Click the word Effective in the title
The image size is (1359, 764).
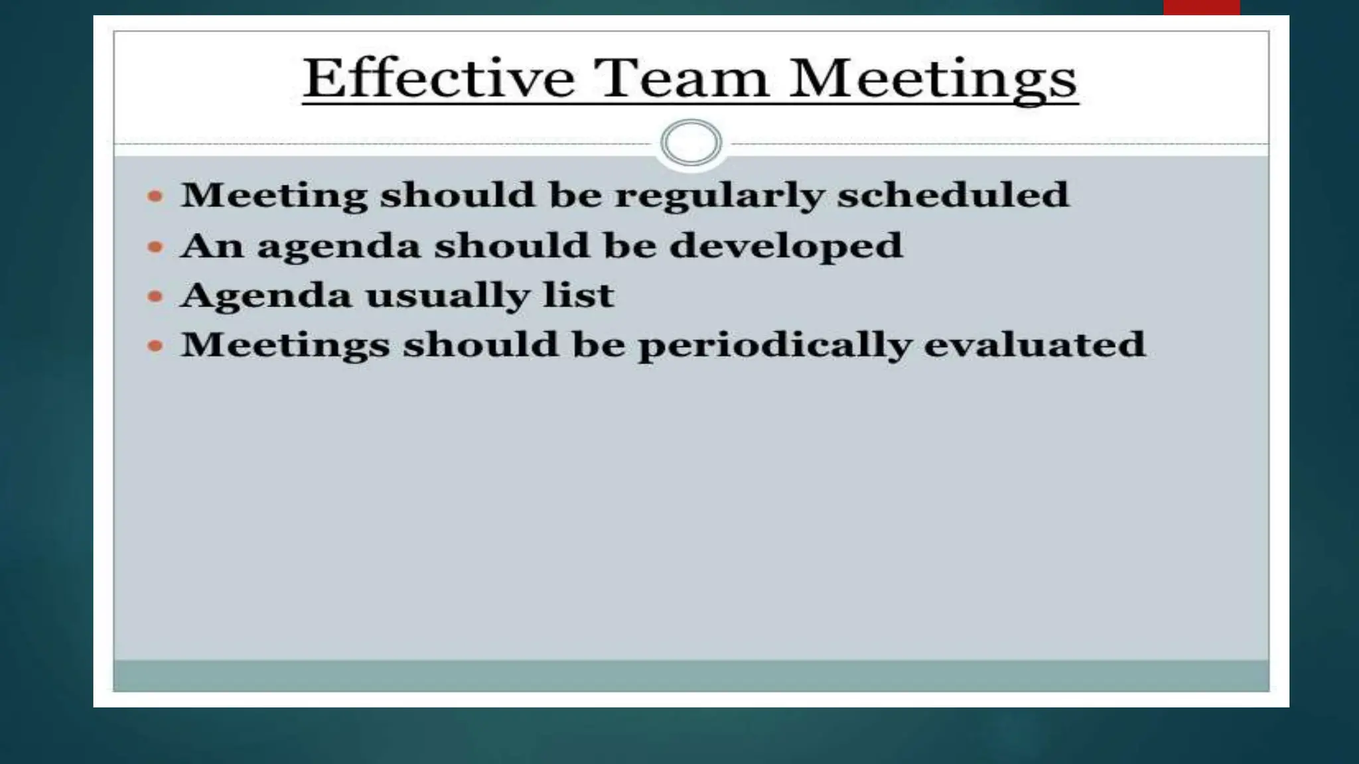pos(439,78)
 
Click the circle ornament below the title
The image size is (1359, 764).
pos(691,143)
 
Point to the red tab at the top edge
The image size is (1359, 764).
pos(1201,7)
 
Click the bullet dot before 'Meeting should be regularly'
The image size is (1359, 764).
pos(155,196)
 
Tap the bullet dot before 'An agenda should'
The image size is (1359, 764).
pos(155,247)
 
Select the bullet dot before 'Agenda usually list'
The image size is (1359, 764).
pos(155,296)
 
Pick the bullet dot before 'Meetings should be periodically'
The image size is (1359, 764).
pos(155,346)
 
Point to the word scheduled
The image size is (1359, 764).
pos(952,195)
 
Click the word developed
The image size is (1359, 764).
pos(786,247)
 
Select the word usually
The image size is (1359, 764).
pos(447,296)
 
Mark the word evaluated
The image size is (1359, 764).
pos(1035,345)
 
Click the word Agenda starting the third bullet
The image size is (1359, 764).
pos(265,296)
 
